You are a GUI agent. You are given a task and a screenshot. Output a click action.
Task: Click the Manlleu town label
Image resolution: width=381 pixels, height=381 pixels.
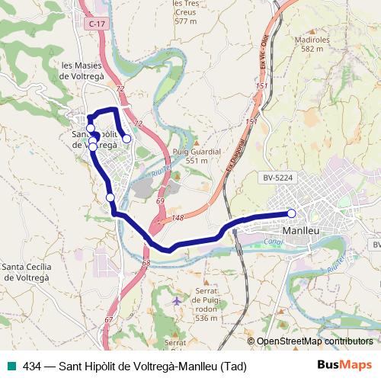(299, 230)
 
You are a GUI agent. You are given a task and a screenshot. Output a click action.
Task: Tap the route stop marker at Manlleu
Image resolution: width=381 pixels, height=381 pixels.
(291, 213)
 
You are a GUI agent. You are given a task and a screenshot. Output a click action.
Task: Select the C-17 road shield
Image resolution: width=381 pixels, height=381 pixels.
(96, 24)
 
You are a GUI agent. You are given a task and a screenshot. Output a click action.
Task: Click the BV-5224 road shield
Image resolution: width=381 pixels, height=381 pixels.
(278, 178)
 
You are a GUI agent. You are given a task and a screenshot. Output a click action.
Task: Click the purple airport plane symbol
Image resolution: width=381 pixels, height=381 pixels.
(177, 301)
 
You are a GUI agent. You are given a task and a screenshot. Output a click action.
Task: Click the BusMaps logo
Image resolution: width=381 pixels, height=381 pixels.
(344, 366)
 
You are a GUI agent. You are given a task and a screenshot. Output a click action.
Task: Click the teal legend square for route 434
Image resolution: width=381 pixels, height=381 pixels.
(9, 367)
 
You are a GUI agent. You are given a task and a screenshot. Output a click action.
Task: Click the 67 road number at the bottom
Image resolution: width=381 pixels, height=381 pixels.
(109, 319)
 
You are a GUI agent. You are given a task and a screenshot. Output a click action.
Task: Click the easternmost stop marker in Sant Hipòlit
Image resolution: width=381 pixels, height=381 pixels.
(126, 139)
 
